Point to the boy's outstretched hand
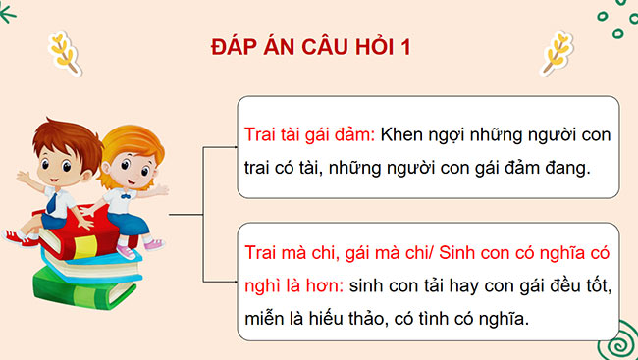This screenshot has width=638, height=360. pos(22,177)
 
